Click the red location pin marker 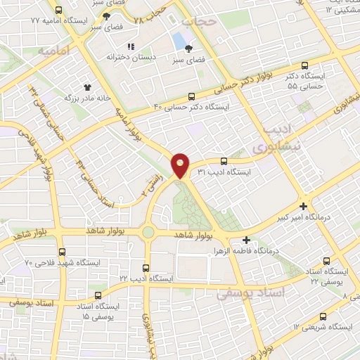pos(181,165)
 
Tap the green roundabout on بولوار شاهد pos(148,232)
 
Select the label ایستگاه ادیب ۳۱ pos(221,172)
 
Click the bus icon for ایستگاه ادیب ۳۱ pos(224,161)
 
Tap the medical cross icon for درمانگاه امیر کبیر pos(303,206)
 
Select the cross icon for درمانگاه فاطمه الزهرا pos(245,240)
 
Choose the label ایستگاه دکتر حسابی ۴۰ pos(192,108)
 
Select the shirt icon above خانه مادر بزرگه pos(88,87)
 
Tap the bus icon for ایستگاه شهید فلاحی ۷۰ pos(62,252)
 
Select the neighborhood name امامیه pos(56,52)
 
